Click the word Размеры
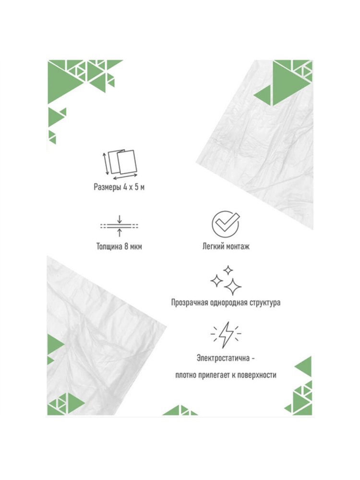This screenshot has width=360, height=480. click(107, 187)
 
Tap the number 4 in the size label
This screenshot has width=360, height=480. click(125, 187)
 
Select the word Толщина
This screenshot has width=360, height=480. click(109, 246)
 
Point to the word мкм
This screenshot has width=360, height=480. click(135, 247)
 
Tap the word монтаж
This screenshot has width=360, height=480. click(237, 246)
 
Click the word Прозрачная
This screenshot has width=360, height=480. click(190, 303)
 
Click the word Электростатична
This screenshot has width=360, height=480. click(223, 358)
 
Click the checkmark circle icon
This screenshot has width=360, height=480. click(226, 224)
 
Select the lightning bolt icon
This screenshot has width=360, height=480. click(226, 335)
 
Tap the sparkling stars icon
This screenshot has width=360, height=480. click(226, 280)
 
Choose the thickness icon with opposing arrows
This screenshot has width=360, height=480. click(120, 226)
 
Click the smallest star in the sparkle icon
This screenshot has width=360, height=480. click(228, 270)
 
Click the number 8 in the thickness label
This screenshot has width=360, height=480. click(126, 246)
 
